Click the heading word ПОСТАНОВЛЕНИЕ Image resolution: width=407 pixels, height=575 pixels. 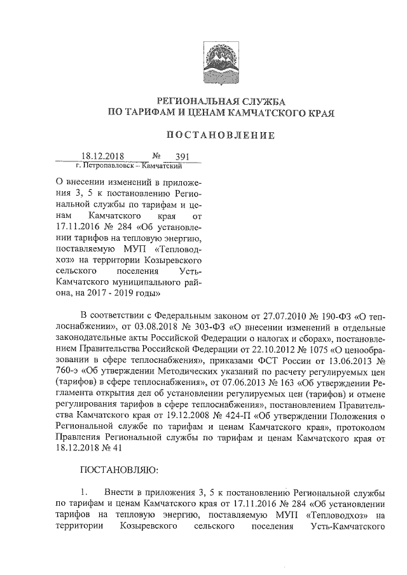click(221, 135)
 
